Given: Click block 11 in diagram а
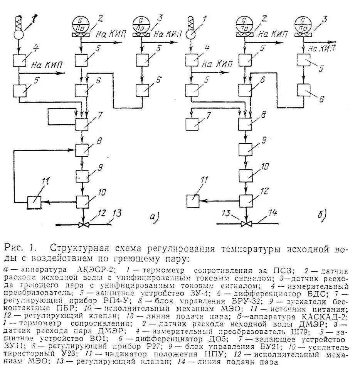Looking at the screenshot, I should pyautogui.click(x=34, y=201).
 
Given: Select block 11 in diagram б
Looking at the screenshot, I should pyautogui.click(x=193, y=201).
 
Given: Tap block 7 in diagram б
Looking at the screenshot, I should pyautogui.click(x=193, y=125).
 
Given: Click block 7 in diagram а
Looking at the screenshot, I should pyautogui.click(x=82, y=125).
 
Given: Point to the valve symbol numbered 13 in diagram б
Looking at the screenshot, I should pyautogui.click(x=246, y=224).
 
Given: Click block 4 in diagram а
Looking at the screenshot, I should pyautogui.click(x=19, y=61).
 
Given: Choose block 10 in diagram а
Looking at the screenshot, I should pyautogui.click(x=82, y=201).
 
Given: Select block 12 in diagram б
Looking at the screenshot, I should pyautogui.click(x=246, y=201).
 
